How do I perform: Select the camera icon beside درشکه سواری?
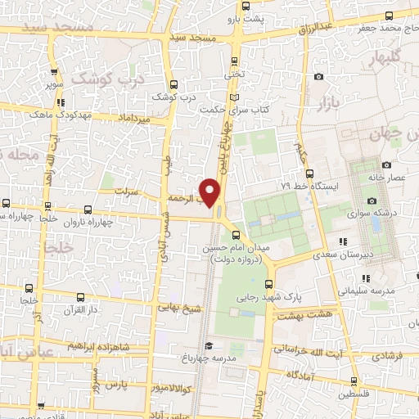pyautogui.click(x=372, y=200)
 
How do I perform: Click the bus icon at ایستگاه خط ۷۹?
pyautogui.click(x=309, y=173)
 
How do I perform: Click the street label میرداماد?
pyautogui.click(x=134, y=120)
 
